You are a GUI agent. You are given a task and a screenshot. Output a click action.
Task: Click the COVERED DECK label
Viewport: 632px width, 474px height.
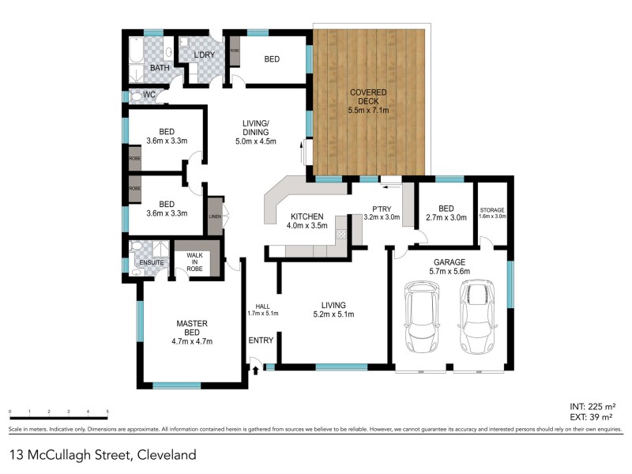click(368, 101)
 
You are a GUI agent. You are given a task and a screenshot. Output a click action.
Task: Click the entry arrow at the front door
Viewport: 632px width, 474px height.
click(254, 369)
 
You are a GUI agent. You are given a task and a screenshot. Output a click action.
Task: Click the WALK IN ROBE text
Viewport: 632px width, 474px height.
click(194, 262)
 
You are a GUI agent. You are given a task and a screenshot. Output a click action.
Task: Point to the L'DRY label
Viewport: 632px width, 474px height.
click(205, 55)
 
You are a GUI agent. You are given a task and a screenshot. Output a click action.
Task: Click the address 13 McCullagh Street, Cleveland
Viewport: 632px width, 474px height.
click(102, 455)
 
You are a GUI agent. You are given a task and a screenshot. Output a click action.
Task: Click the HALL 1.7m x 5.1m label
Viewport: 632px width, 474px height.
click(262, 310)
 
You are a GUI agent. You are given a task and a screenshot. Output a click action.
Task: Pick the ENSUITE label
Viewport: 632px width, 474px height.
click(150, 262)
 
